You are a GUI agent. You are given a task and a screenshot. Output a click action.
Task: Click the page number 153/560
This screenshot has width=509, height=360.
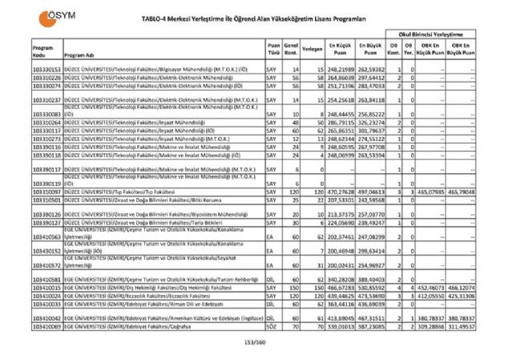tap(253, 344)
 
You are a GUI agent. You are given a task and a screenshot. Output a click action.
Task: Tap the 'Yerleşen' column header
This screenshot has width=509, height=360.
tap(313, 49)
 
